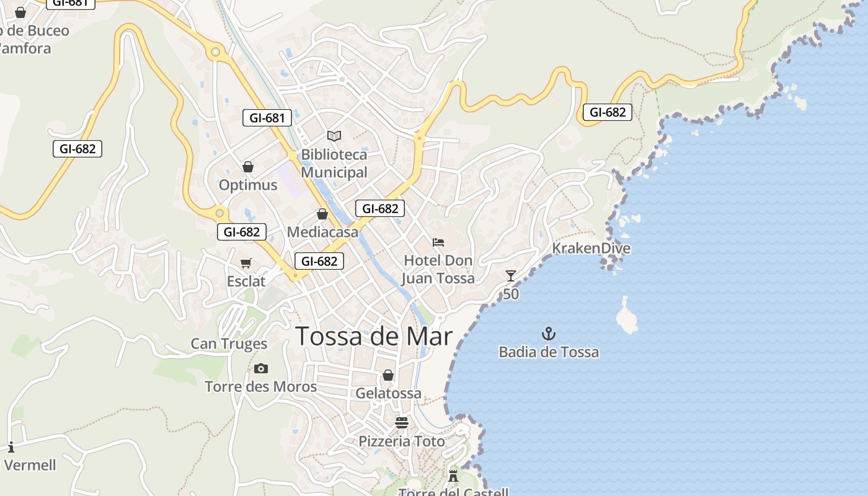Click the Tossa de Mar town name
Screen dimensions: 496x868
pos(374,336)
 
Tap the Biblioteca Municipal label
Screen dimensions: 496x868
pos(334,163)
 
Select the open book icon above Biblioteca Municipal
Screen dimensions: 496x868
pos(334,136)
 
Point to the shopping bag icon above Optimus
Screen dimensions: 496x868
pos(248,167)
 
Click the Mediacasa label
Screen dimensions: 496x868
pos(322,232)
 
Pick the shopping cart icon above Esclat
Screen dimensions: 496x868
pos(246,263)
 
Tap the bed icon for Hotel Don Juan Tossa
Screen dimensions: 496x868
pos(438,242)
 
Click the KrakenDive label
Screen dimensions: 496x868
pos(591,249)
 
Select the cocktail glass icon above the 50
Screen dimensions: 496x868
pos(511,276)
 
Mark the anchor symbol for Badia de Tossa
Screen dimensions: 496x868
pos(549,334)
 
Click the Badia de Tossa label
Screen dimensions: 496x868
pos(549,352)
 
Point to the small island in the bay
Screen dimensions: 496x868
pos(627,316)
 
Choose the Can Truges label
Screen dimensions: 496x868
pos(229,343)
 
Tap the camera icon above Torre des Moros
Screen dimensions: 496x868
pos(261,369)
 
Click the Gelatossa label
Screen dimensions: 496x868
pos(388,393)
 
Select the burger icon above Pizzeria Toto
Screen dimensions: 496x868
pos(402,423)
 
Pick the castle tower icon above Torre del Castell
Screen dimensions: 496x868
pos(453,476)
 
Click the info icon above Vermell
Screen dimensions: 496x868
pos(11,447)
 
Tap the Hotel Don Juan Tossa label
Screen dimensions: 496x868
pos(438,269)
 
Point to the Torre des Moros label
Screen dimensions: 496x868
pos(261,387)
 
